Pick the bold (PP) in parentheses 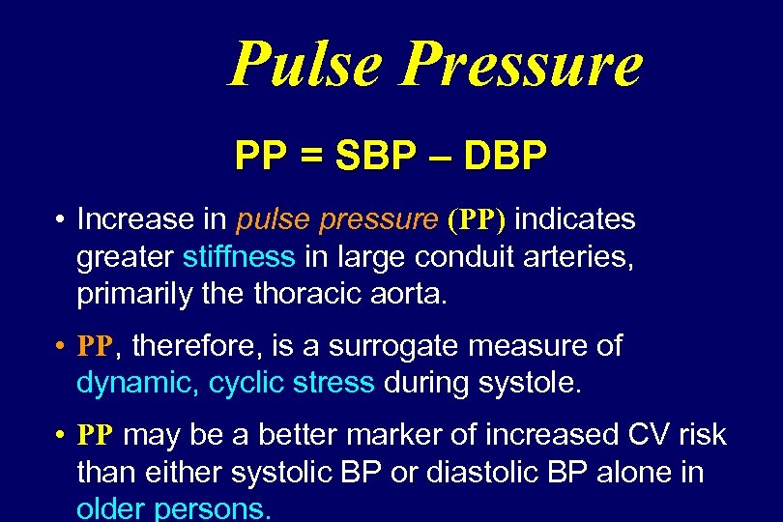point(477,220)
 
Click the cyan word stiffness point(238,257)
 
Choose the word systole point(531,383)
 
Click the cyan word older point(113,508)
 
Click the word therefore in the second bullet point(198,346)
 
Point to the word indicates point(575,220)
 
